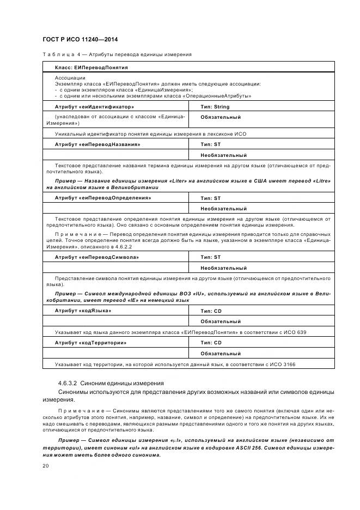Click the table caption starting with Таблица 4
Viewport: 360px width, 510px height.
click(116, 54)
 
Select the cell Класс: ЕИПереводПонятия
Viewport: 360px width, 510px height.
click(91, 68)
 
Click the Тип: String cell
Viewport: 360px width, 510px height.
click(215, 107)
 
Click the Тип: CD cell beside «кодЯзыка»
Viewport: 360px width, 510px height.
click(211, 310)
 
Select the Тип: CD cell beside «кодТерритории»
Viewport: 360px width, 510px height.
click(211, 343)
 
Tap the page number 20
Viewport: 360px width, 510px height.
click(45, 466)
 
